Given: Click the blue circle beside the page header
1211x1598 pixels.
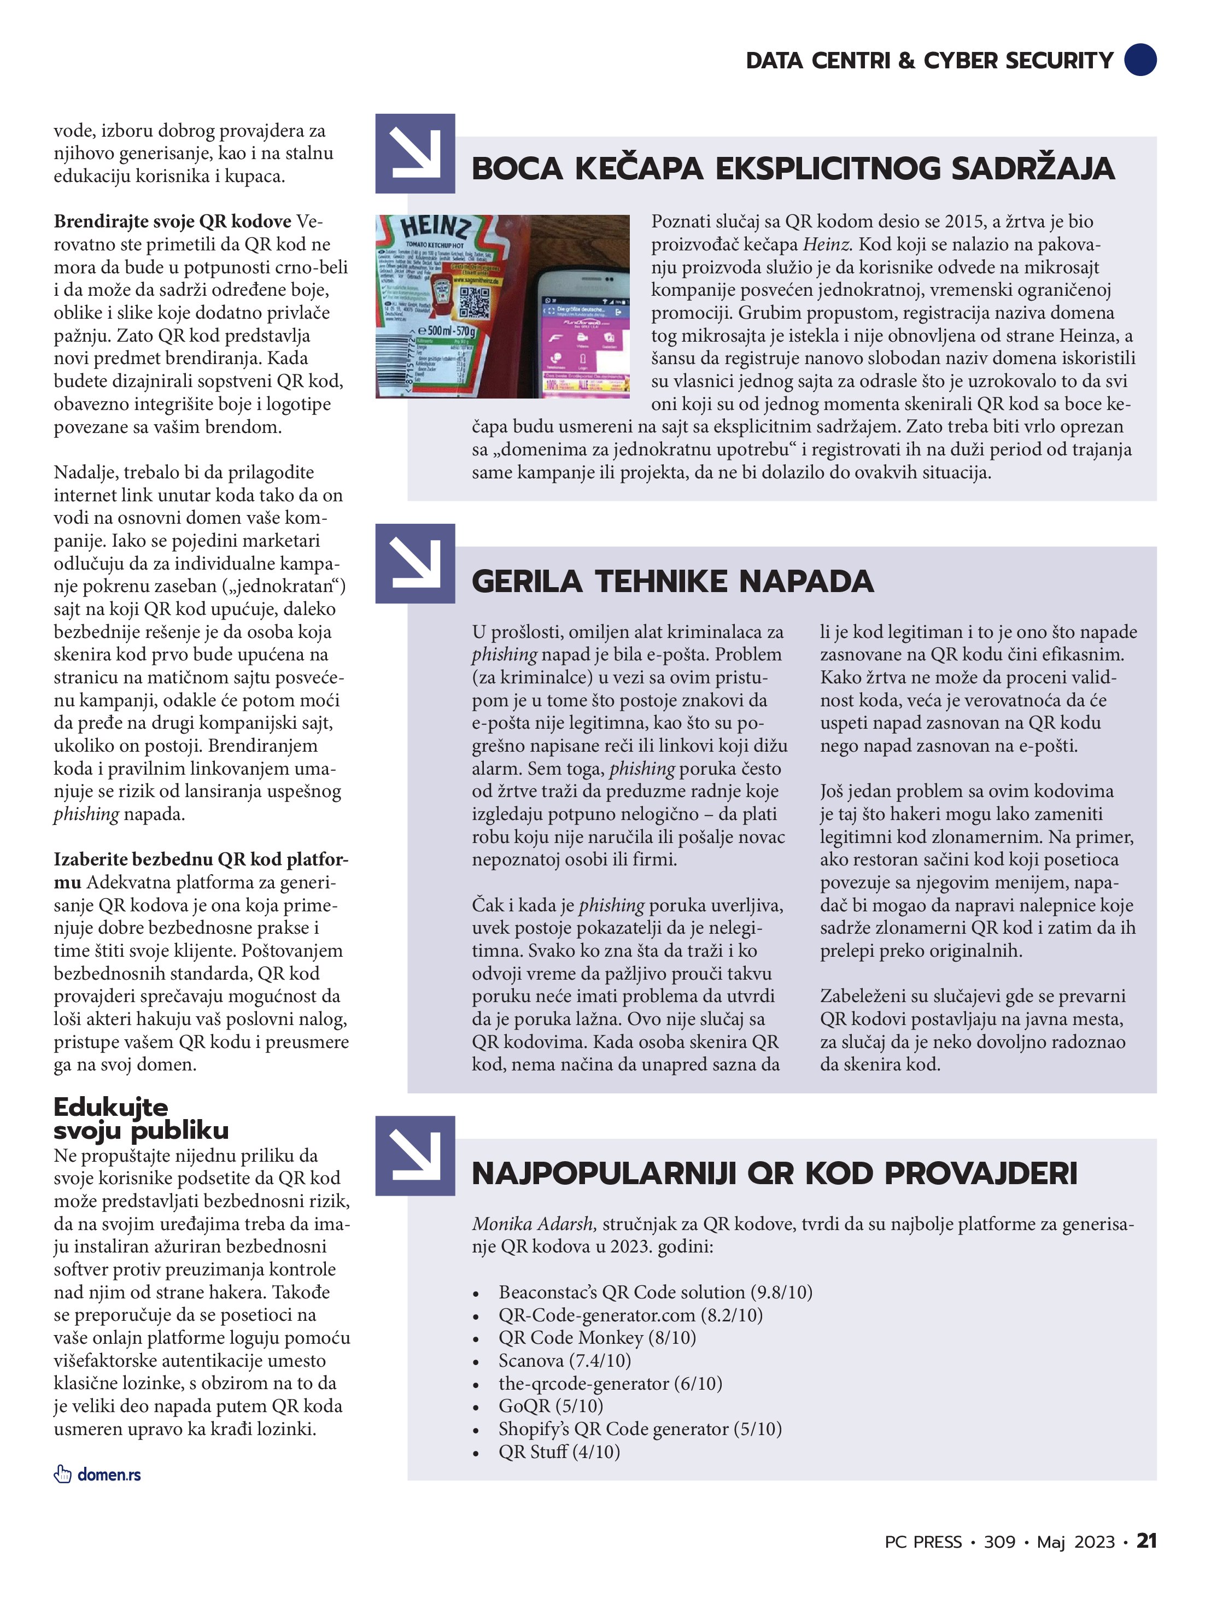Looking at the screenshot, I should tap(1140, 59).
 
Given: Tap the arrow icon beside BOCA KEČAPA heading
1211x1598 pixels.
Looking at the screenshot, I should tap(415, 153).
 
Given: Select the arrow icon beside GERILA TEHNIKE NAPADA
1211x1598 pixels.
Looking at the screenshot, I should tap(415, 564).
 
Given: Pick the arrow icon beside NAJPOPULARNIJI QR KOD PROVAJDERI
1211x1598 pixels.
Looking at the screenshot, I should tap(415, 1156).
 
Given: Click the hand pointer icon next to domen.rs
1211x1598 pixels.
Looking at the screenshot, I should tap(63, 1474).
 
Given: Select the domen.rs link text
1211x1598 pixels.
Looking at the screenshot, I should tap(109, 1474).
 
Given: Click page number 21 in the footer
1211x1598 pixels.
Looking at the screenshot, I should tap(1146, 1541).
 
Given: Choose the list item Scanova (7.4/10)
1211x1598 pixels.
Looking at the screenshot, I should tap(564, 1360).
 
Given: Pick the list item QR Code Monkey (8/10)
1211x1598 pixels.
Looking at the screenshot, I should tap(597, 1337).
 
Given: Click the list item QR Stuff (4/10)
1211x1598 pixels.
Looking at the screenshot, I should tap(559, 1451).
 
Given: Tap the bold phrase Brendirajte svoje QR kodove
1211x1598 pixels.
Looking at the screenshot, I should tap(172, 221).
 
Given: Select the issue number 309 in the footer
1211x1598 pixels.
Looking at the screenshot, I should tap(999, 1542).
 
